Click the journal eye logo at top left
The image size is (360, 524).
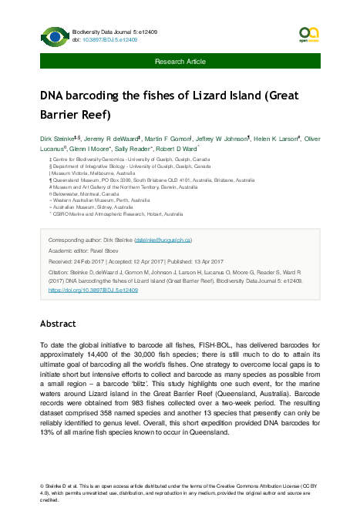click(53, 35)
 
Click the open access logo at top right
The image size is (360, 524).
click(308, 33)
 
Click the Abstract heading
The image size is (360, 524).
click(59, 324)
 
